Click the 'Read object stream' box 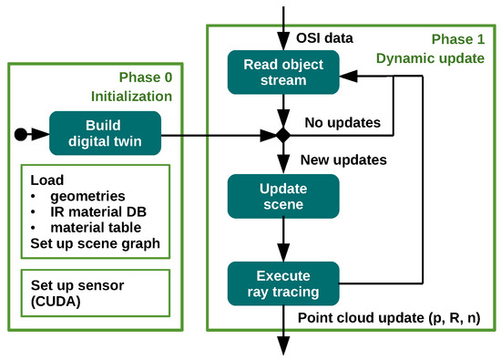282,71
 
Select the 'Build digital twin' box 105,135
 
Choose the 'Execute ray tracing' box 282,283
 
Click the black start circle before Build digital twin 21,136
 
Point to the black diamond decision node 282,136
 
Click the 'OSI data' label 324,37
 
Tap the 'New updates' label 343,159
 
